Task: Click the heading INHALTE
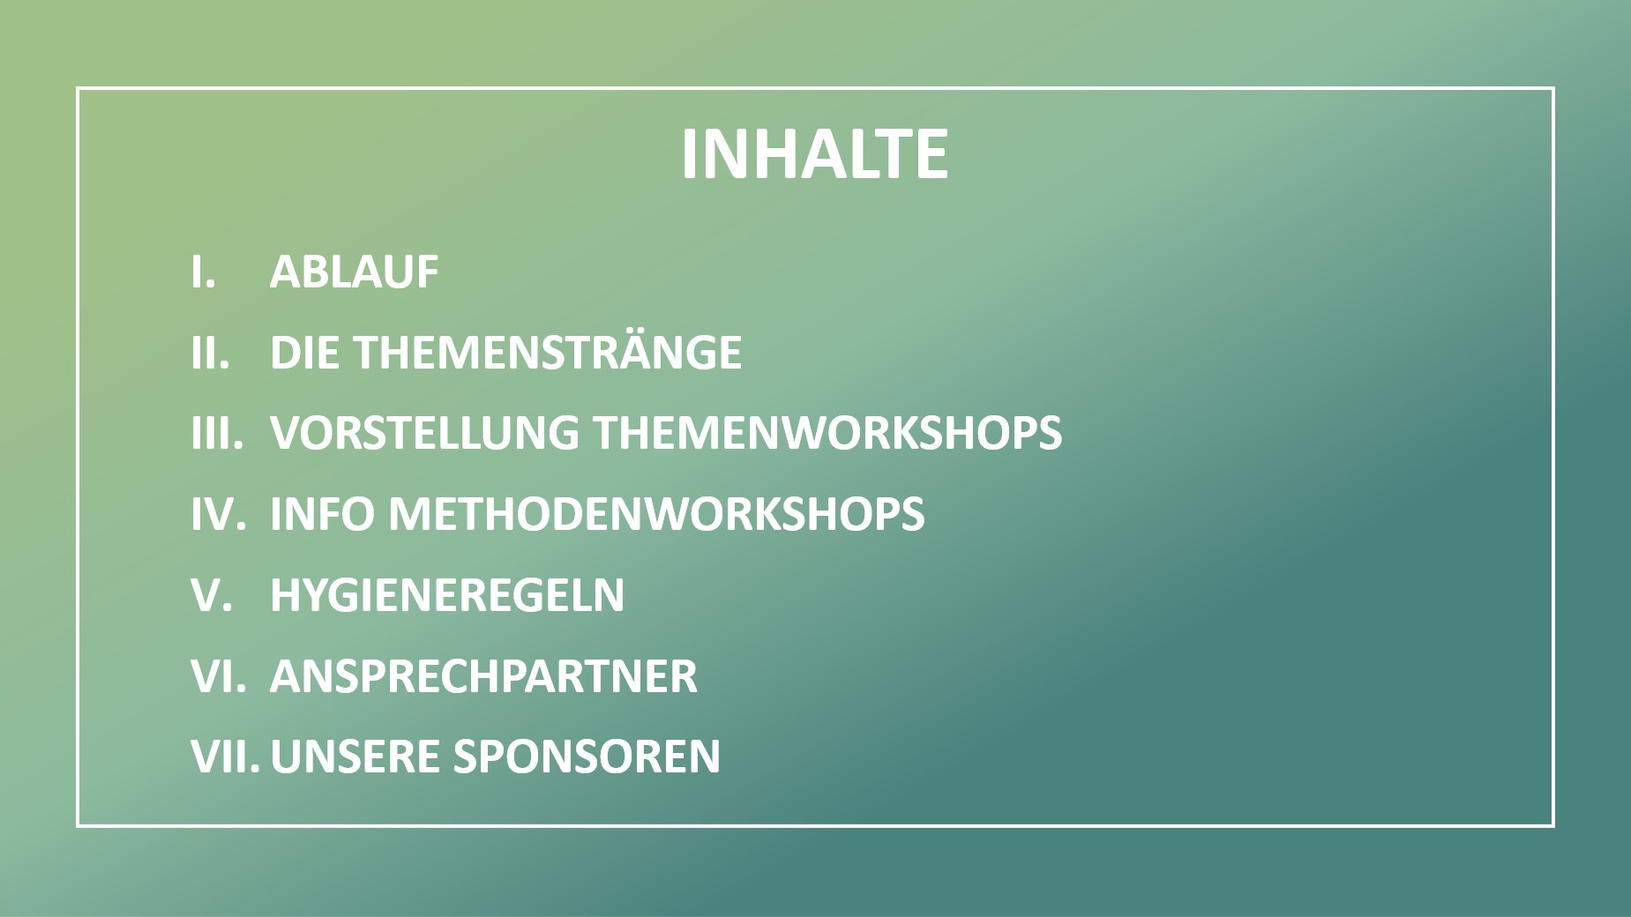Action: pos(814,154)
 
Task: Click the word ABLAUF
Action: pos(354,272)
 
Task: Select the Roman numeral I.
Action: pos(203,272)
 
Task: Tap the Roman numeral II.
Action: pos(210,353)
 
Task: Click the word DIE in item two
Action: pos(305,353)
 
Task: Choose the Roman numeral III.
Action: pos(217,434)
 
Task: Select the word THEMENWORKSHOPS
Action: pos(827,434)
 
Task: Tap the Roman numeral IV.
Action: pos(218,514)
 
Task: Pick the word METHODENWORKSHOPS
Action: pos(656,514)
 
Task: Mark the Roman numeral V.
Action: pos(212,595)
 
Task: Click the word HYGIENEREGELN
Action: pos(447,595)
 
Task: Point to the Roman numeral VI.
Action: pos(218,676)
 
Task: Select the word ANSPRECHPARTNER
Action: pos(483,676)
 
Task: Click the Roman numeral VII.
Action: pos(225,757)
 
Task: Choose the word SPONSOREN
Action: pos(587,757)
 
